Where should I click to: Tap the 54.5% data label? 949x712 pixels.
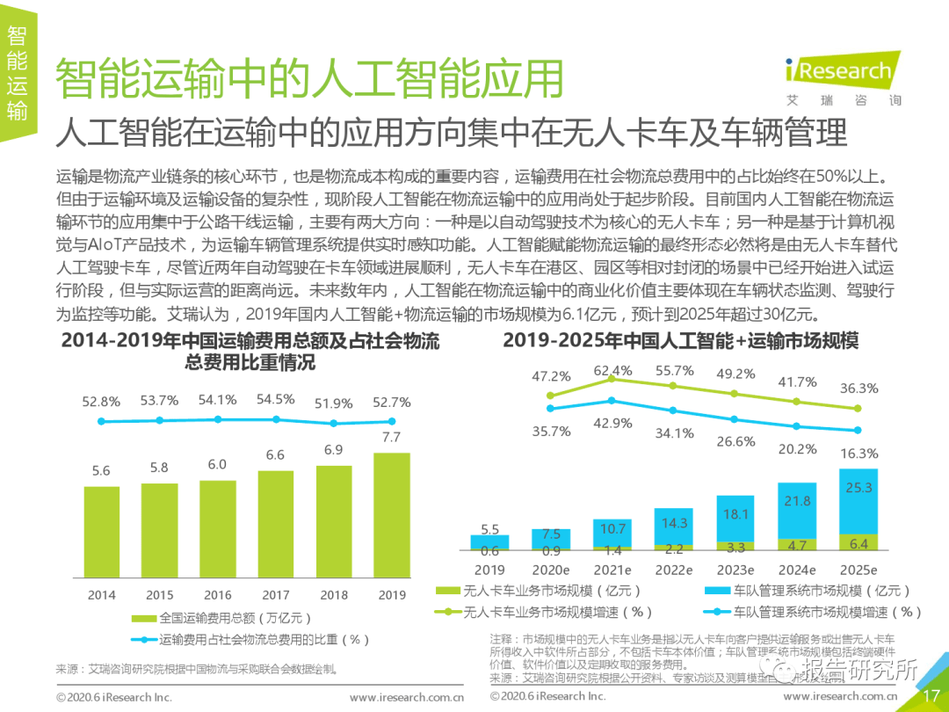(x=275, y=399)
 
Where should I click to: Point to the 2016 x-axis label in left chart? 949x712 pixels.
(x=218, y=595)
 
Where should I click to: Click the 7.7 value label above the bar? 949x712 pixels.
(x=392, y=437)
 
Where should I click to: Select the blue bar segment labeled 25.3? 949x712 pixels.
(x=858, y=501)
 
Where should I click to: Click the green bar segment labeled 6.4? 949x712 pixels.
(x=858, y=543)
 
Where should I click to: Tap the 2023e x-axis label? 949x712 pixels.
(x=735, y=570)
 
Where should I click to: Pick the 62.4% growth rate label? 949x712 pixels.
(x=612, y=371)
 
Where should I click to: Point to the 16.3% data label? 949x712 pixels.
(x=859, y=454)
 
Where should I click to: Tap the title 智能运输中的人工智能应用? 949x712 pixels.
(x=308, y=79)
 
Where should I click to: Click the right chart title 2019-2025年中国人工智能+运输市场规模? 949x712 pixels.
(x=680, y=341)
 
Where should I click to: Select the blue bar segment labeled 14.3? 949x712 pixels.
(x=674, y=523)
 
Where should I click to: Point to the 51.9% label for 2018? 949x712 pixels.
(x=333, y=403)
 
